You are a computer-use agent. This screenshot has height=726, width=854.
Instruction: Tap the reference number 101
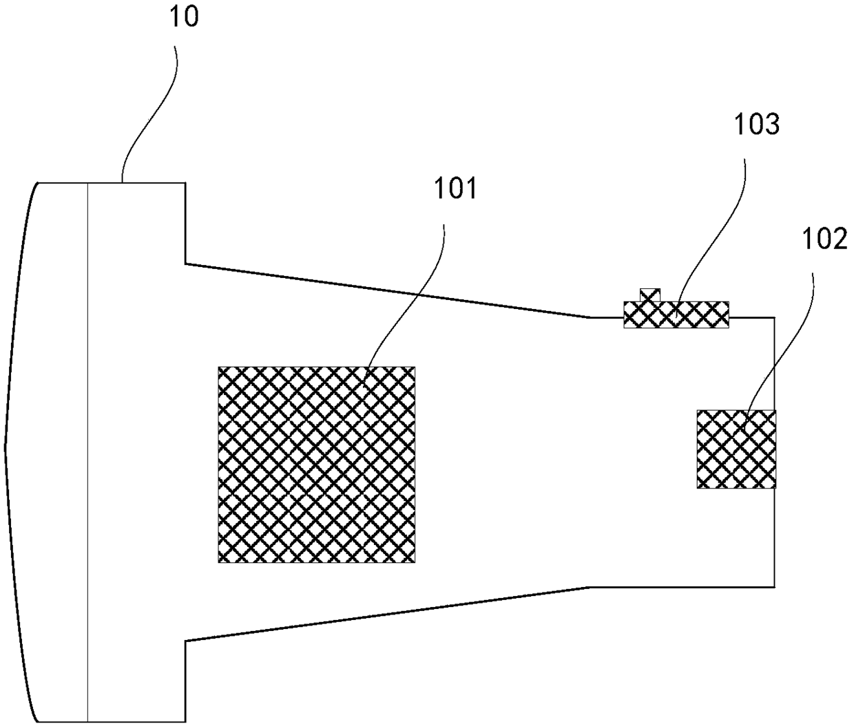tap(455, 189)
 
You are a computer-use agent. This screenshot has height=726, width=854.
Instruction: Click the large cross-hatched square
tap(317, 465)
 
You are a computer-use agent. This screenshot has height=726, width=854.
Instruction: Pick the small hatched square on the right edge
tap(736, 449)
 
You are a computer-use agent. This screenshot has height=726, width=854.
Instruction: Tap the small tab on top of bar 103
tap(649, 295)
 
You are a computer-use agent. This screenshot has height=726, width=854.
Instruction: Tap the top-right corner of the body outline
tap(775, 317)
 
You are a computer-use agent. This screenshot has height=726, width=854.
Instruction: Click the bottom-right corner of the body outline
tap(775, 587)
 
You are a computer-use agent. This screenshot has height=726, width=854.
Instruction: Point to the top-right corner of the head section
tap(185, 182)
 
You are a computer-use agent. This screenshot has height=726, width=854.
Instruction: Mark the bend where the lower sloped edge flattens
tap(589, 587)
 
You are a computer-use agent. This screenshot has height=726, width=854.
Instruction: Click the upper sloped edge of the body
tap(386, 289)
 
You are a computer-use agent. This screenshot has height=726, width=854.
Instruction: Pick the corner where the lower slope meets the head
tap(185, 641)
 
